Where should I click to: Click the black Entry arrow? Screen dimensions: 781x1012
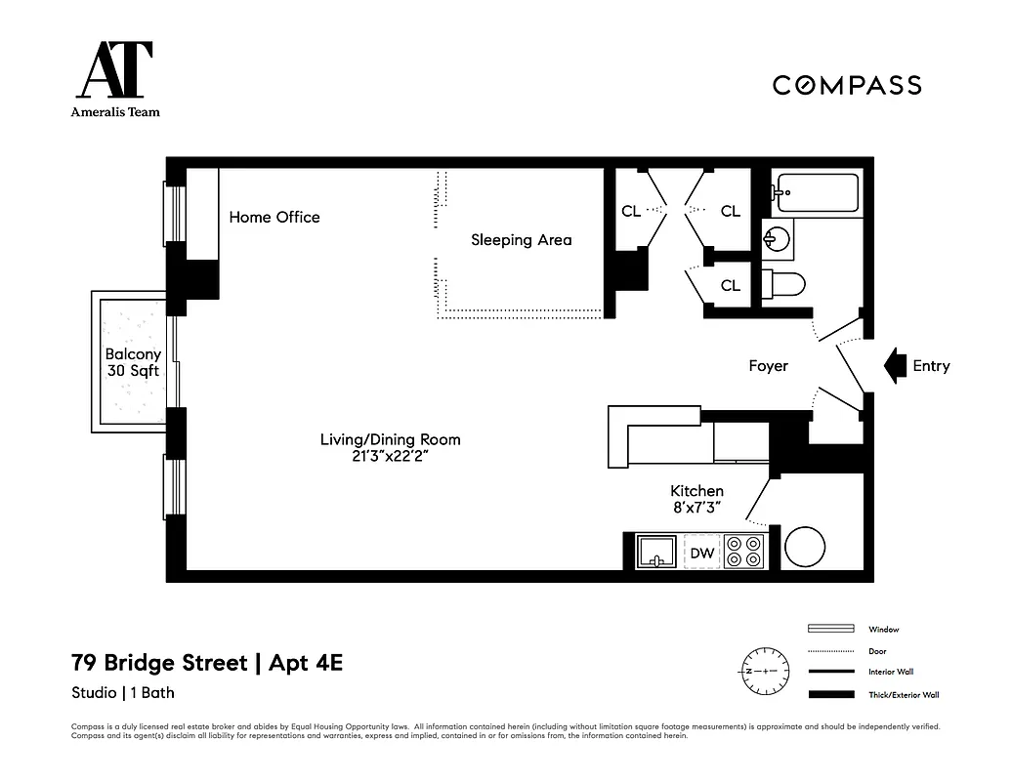click(x=893, y=366)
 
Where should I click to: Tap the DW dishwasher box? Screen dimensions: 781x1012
click(x=701, y=553)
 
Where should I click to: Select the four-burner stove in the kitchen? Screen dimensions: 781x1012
click(x=744, y=553)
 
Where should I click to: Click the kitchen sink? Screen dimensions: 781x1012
click(x=657, y=553)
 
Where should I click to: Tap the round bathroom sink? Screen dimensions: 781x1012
click(x=778, y=238)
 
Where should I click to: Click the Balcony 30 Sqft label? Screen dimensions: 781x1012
click(x=133, y=363)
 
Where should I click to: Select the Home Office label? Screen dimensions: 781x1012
click(x=274, y=217)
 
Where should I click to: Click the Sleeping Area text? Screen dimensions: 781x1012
click(x=521, y=240)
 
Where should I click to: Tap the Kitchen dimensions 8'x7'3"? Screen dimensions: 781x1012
click(x=696, y=507)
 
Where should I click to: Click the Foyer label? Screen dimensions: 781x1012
click(x=768, y=366)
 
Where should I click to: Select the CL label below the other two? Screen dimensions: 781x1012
click(x=730, y=286)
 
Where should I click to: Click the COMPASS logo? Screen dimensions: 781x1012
click(x=847, y=85)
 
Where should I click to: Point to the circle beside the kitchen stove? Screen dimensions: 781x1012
click(x=805, y=548)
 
